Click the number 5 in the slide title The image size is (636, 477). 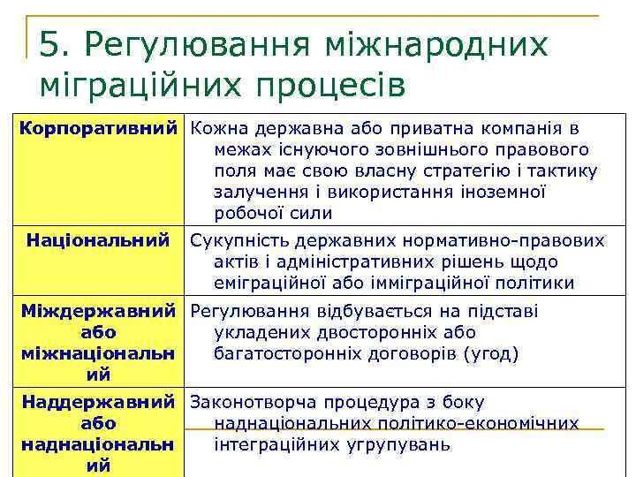pyautogui.click(x=51, y=44)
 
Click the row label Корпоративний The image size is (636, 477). pyautogui.click(x=98, y=128)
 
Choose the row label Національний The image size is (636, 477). pyautogui.click(x=98, y=240)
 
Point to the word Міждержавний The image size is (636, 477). pyautogui.click(x=98, y=311)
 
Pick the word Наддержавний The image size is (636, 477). pyautogui.click(x=98, y=403)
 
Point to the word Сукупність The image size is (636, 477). pyautogui.click(x=237, y=240)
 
